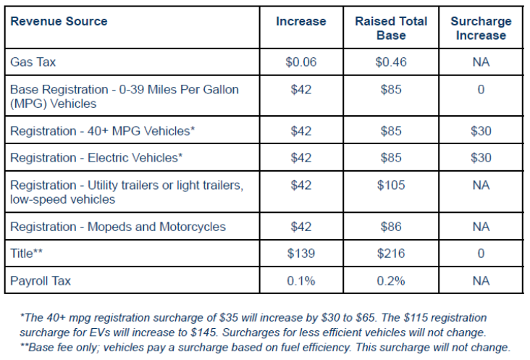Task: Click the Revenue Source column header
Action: pos(59,22)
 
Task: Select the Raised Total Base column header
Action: pos(391,28)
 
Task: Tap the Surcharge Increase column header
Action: pos(481,28)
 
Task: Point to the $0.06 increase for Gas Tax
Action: pos(300,62)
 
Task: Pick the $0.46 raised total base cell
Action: pos(391,62)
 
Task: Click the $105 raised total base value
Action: pos(391,185)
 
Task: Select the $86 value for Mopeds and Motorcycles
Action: pos(391,227)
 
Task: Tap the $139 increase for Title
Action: pos(300,254)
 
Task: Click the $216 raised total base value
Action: pos(391,254)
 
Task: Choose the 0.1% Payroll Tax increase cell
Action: pos(300,281)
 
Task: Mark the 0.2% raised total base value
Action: pos(391,281)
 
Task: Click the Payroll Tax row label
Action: pos(41,281)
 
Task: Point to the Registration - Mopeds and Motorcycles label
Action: pos(118,227)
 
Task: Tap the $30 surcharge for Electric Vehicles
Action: pos(481,158)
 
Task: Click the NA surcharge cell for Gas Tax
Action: pos(481,62)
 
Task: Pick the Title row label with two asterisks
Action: pos(28,254)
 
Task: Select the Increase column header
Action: pos(300,22)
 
